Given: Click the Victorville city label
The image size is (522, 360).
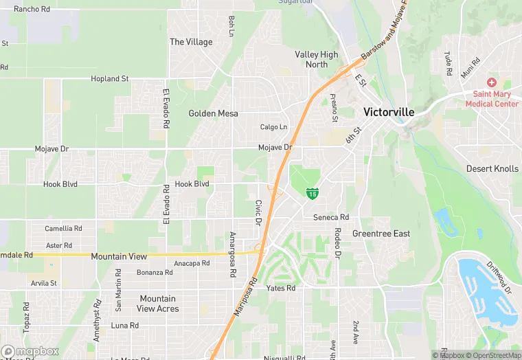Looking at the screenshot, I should (x=389, y=111).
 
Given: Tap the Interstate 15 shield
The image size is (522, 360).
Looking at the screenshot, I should (x=313, y=194).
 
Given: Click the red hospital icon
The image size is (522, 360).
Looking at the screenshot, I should (x=492, y=82).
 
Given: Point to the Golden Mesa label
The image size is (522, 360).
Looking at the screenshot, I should (x=213, y=113).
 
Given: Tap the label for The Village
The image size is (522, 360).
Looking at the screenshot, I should (x=191, y=42).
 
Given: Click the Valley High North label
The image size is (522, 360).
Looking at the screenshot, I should (x=317, y=60).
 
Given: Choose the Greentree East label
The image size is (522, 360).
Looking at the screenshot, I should (x=381, y=234).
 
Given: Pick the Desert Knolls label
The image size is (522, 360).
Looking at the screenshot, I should (x=492, y=168).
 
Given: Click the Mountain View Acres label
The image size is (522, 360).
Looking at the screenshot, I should (x=158, y=304).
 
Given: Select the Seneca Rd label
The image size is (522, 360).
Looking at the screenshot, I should (x=331, y=218).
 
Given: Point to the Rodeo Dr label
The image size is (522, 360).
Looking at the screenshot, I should (x=337, y=243).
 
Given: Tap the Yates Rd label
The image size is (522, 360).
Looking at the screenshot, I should (x=281, y=289).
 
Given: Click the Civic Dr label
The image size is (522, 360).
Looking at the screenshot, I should (x=258, y=213).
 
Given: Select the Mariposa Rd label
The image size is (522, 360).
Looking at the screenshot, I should (x=244, y=297).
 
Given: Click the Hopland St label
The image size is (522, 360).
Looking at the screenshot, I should (x=110, y=79).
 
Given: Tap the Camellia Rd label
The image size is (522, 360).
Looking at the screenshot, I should (x=63, y=228).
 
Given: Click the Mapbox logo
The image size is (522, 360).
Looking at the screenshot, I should (x=30, y=351).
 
